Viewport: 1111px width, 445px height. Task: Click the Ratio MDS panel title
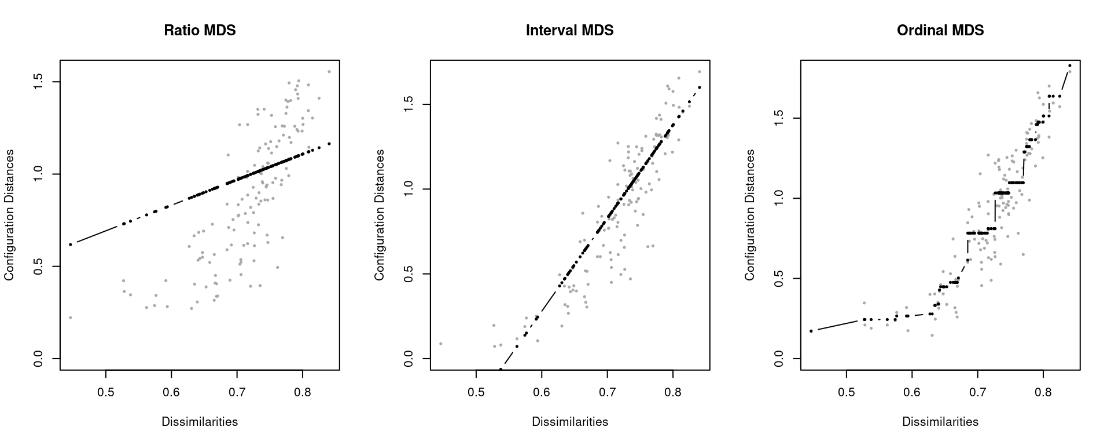point(200,30)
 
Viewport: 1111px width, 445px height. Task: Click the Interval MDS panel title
point(569,30)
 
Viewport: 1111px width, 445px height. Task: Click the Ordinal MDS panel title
point(940,30)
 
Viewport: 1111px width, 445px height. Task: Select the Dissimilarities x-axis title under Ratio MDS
point(200,422)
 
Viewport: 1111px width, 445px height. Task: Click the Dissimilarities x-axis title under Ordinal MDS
point(940,422)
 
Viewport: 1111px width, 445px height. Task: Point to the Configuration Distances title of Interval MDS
point(380,215)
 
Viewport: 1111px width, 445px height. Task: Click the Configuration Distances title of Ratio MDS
point(9,215)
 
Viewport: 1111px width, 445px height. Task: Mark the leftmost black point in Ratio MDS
point(71,245)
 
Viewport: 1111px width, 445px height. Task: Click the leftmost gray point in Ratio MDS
point(71,318)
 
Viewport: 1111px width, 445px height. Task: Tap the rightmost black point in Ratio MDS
point(329,144)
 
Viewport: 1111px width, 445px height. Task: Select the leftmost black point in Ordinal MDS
point(811,331)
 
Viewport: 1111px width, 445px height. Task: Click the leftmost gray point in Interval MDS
point(440,344)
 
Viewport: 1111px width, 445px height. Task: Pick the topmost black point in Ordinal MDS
point(1070,65)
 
